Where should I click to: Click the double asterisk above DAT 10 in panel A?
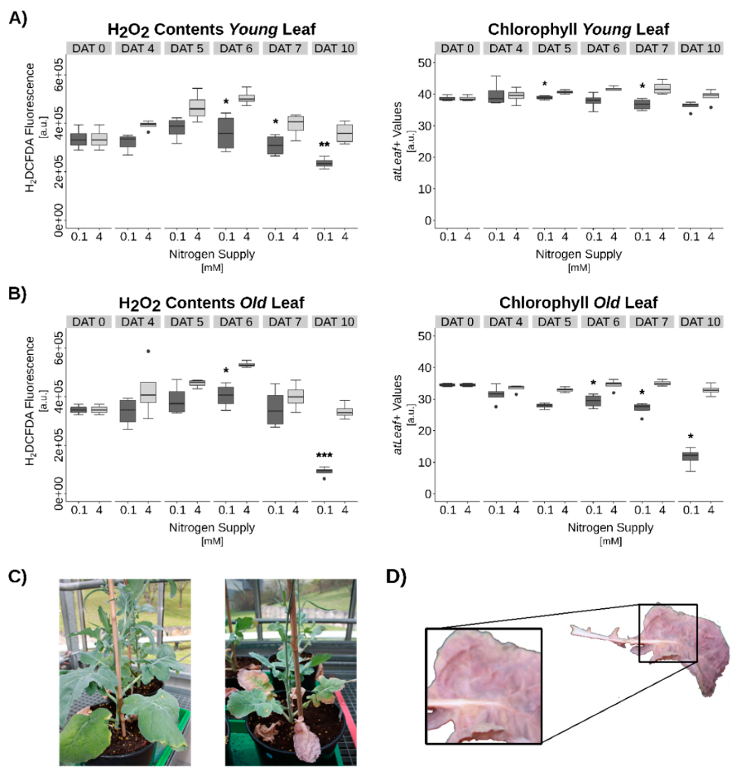pyautogui.click(x=324, y=145)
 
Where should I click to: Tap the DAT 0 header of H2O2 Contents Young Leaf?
pyautogui.click(x=89, y=49)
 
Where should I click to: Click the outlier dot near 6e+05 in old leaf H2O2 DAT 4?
pyautogui.click(x=148, y=351)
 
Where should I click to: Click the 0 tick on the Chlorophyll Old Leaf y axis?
pyautogui.click(x=427, y=494)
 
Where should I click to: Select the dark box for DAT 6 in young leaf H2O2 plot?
pyautogui.click(x=226, y=133)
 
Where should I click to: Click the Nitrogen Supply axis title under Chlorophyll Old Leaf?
pyautogui.click(x=610, y=528)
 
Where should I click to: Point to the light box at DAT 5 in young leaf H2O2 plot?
pyautogui.click(x=197, y=108)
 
